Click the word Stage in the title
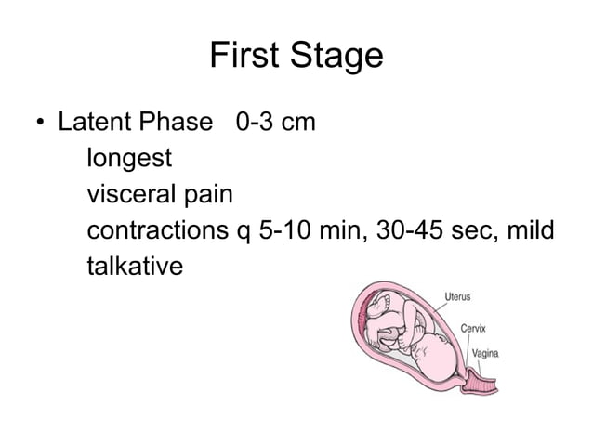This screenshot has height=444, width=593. [x=336, y=57]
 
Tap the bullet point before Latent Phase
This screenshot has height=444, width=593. [x=40, y=124]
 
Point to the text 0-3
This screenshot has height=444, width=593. [x=257, y=123]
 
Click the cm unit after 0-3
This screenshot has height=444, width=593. [x=298, y=123]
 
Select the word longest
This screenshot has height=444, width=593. [x=129, y=159]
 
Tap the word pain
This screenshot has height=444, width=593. [x=214, y=194]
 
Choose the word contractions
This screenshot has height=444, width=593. [x=158, y=230]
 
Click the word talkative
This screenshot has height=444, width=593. [x=135, y=267]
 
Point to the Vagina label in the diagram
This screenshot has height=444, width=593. [x=487, y=353]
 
